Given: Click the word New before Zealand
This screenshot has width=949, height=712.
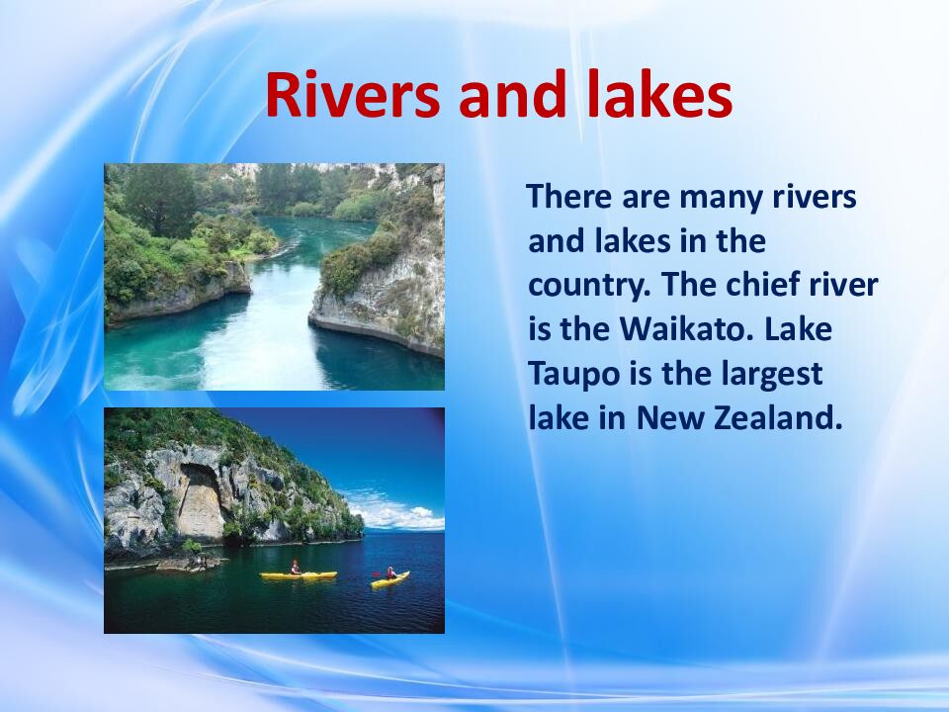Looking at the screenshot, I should pyautogui.click(x=669, y=418).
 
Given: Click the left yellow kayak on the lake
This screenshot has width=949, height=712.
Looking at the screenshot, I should pyautogui.click(x=298, y=575).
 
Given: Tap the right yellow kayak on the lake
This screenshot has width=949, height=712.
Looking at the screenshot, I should pyautogui.click(x=389, y=579).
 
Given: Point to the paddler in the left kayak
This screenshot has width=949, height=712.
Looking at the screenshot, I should pyautogui.click(x=294, y=567).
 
